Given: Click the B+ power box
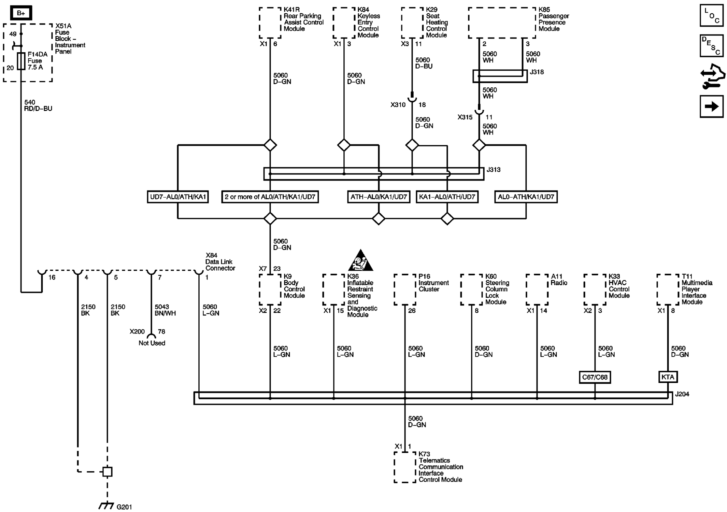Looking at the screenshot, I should [x=21, y=13].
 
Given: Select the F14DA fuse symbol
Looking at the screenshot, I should [x=21, y=61].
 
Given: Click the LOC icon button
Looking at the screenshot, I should [x=711, y=16].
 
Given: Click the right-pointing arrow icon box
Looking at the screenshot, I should [x=711, y=106].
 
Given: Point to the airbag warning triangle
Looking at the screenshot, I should [x=360, y=261].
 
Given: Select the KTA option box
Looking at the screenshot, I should [x=668, y=377].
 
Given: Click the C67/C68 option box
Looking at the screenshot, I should [x=595, y=377].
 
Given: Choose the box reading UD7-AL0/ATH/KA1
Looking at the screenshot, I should [x=178, y=197].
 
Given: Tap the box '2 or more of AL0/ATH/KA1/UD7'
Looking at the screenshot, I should [x=270, y=197].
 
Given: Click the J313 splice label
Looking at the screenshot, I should [x=493, y=170].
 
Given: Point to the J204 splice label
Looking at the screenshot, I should [x=682, y=394].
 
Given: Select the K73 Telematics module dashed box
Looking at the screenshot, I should [x=405, y=467].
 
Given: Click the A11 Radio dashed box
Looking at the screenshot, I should [x=537, y=289].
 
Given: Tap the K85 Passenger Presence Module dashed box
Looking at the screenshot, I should [x=502, y=23].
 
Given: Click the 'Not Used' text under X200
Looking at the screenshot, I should [x=152, y=343].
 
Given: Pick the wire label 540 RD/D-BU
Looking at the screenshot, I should [x=38, y=105].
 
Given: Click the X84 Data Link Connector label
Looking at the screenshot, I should [x=220, y=262].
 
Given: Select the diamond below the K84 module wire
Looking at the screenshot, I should [x=344, y=145].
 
